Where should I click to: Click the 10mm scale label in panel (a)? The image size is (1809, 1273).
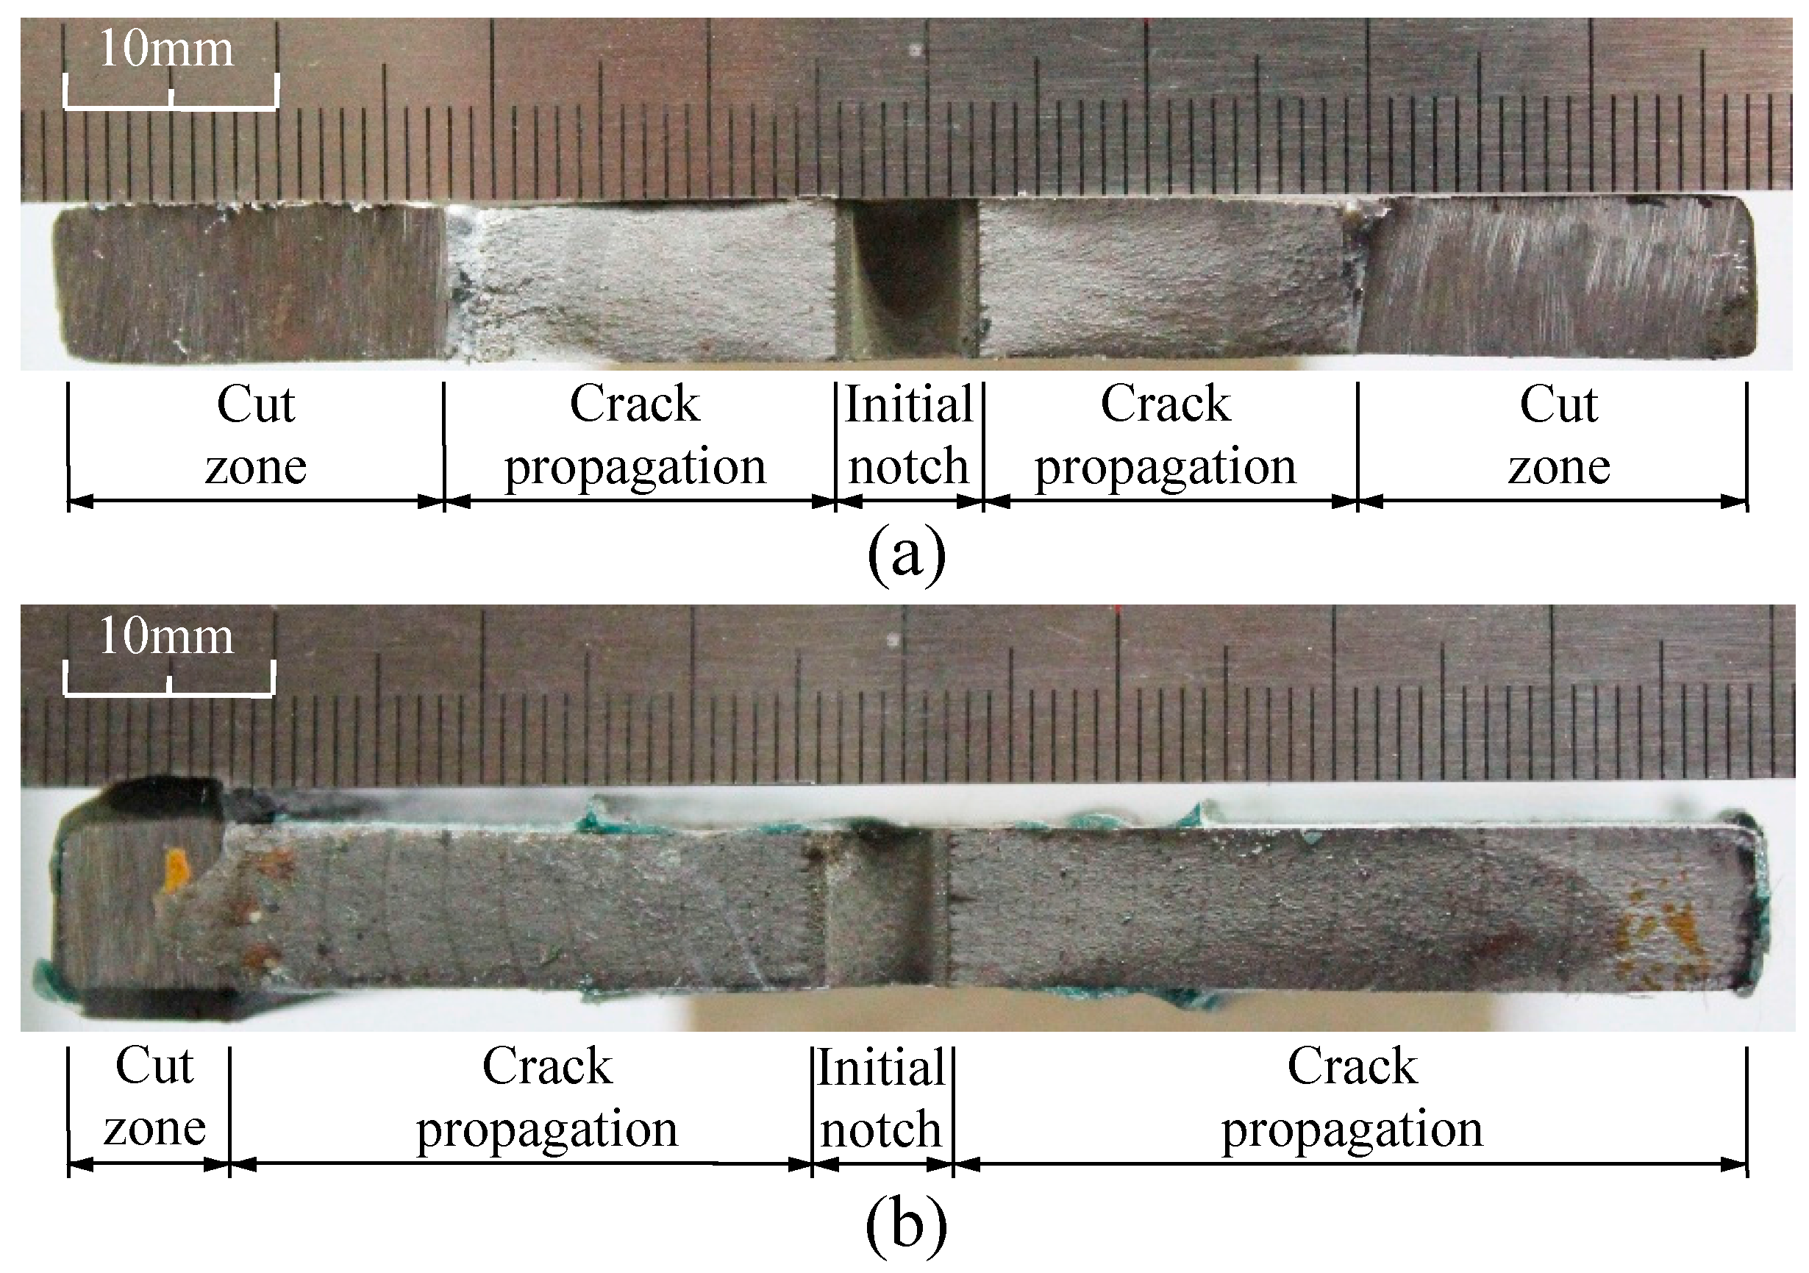(x=166, y=49)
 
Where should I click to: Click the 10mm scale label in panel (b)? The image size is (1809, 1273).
(x=166, y=637)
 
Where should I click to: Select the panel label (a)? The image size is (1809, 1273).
(x=905, y=554)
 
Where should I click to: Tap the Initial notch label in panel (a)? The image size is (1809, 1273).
(x=908, y=435)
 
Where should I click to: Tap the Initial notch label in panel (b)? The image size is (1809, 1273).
(x=882, y=1099)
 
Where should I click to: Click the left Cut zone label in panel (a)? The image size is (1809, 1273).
(x=255, y=435)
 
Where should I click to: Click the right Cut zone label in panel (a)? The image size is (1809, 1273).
(x=1558, y=435)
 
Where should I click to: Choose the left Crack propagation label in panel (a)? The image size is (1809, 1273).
(x=635, y=435)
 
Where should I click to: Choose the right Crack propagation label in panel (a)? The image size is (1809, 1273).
(x=1166, y=435)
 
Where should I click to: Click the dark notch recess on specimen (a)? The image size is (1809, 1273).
(x=906, y=276)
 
